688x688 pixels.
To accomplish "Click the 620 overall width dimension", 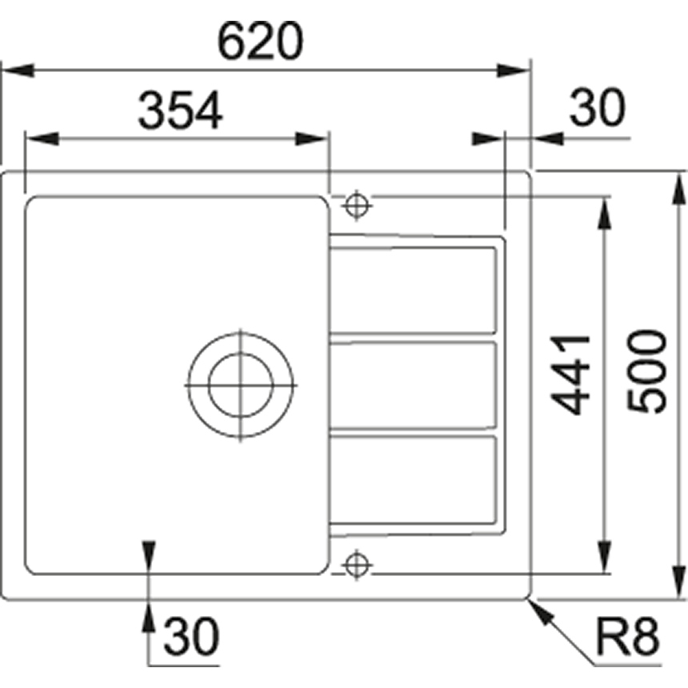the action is click(260, 41).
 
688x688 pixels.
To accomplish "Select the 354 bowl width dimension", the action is click(180, 110).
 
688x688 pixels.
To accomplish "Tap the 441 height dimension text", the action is click(571, 375).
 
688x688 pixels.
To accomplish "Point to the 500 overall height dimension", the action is click(647, 371).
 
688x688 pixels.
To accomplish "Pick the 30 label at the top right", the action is click(597, 107).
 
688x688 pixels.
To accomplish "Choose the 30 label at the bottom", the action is click(191, 635).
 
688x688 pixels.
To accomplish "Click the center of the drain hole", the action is click(241, 386).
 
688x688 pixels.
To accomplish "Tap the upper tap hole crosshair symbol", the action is click(357, 205).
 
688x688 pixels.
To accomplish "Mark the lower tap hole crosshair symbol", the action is click(357, 565).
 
